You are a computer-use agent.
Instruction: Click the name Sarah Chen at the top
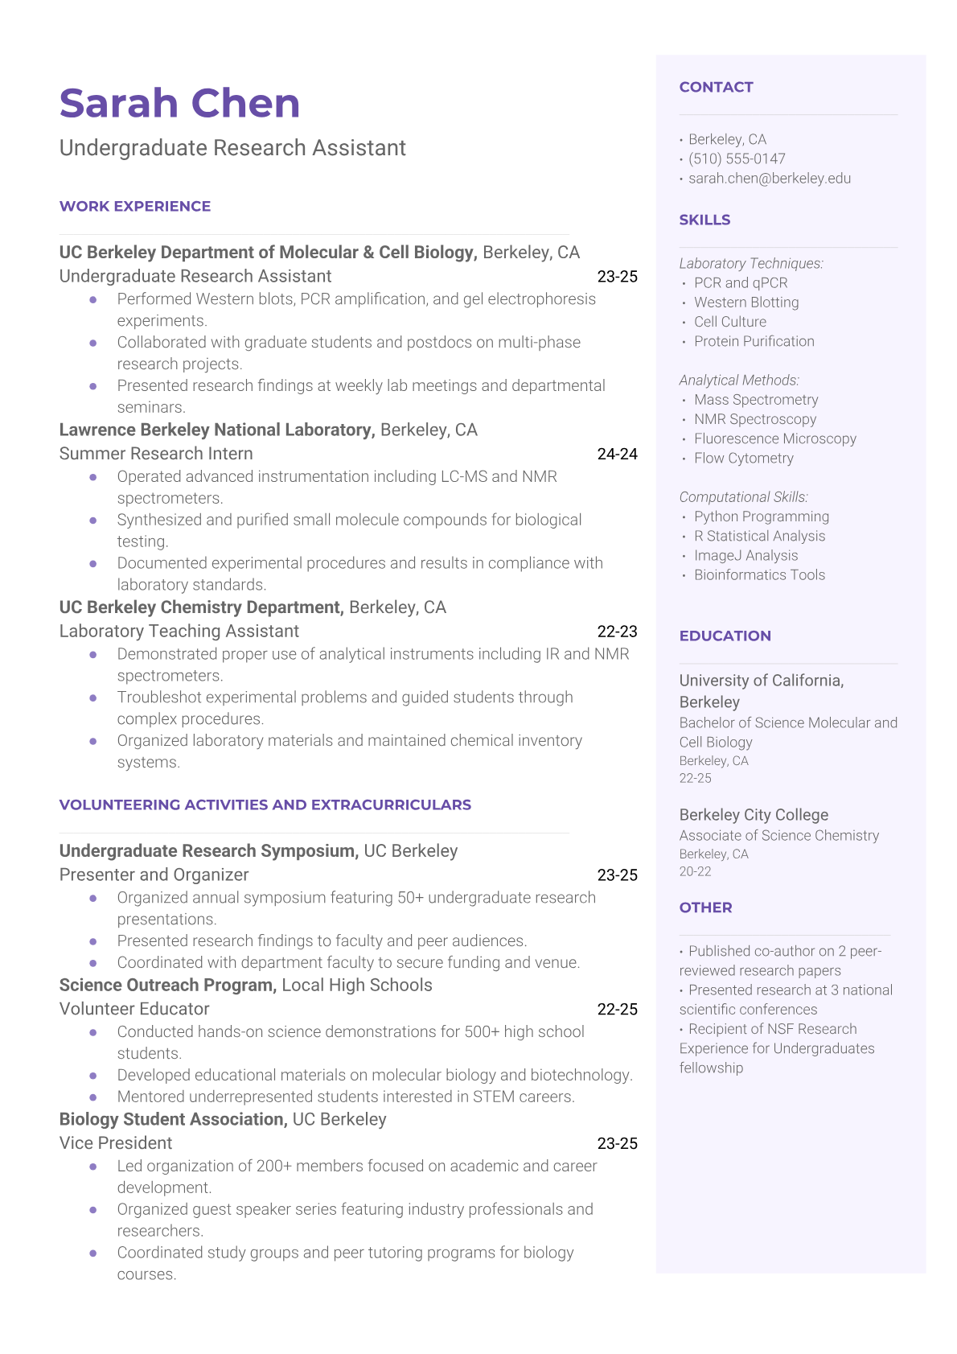point(179,104)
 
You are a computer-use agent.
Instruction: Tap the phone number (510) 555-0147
point(736,158)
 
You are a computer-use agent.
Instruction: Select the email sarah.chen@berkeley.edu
point(769,178)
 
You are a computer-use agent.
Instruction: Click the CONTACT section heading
point(716,87)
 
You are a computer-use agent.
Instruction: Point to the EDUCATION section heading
point(725,636)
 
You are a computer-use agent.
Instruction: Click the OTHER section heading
point(705,907)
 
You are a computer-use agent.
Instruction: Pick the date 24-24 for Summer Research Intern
point(617,454)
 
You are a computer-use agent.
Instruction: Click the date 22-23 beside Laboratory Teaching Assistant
point(617,632)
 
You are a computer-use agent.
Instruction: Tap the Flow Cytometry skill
point(743,458)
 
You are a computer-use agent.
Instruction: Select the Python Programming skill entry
point(761,516)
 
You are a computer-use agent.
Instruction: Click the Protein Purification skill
point(754,341)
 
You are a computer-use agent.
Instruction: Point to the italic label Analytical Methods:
point(738,380)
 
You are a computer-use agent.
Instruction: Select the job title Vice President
point(115,1143)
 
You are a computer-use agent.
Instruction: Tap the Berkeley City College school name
point(753,815)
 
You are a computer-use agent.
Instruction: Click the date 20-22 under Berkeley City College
point(695,871)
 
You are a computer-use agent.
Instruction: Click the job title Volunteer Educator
point(133,1009)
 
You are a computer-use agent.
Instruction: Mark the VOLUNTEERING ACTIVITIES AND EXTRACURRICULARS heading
point(265,805)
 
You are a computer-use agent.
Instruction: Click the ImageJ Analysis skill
point(745,555)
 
